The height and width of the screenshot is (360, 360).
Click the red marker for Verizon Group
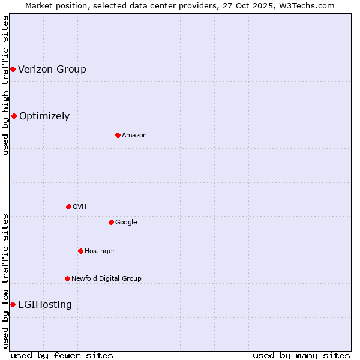(13, 70)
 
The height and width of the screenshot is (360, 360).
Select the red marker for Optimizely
(14, 116)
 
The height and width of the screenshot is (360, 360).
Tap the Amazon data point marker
(118, 135)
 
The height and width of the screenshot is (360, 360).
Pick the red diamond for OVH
(68, 206)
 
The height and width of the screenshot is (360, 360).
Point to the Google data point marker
(111, 222)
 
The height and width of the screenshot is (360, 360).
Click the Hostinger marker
(80, 251)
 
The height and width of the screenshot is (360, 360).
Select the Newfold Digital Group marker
(67, 278)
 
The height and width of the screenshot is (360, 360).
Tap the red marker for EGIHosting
(13, 305)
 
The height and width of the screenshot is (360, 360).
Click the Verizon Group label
(52, 69)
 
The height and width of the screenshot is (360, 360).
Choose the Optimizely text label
(44, 116)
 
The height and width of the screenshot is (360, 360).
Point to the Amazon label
(134, 135)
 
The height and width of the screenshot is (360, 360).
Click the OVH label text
(80, 206)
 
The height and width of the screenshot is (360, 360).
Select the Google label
(126, 222)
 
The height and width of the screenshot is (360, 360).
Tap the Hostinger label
(100, 251)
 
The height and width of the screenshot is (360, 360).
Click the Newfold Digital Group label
(106, 278)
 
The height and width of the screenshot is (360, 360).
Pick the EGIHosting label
(45, 305)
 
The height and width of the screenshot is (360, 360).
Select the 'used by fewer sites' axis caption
(62, 355)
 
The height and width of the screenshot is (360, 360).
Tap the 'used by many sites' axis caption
(301, 355)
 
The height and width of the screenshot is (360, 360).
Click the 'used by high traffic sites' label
(5, 85)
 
